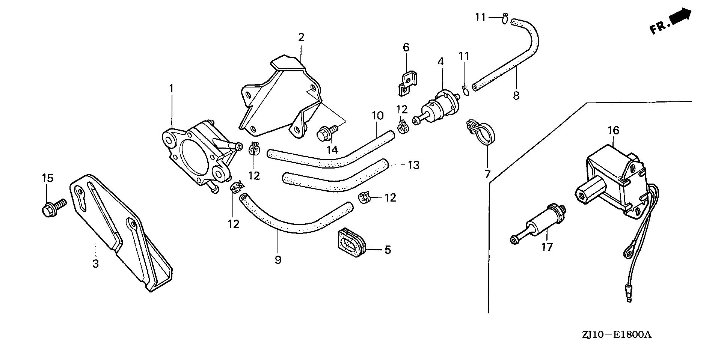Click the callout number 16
613,131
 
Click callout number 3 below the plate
96,264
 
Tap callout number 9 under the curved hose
278,260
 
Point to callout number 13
413,165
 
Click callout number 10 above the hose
378,116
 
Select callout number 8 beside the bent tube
516,95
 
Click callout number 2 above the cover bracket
301,38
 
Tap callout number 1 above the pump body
171,89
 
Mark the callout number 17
547,247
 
